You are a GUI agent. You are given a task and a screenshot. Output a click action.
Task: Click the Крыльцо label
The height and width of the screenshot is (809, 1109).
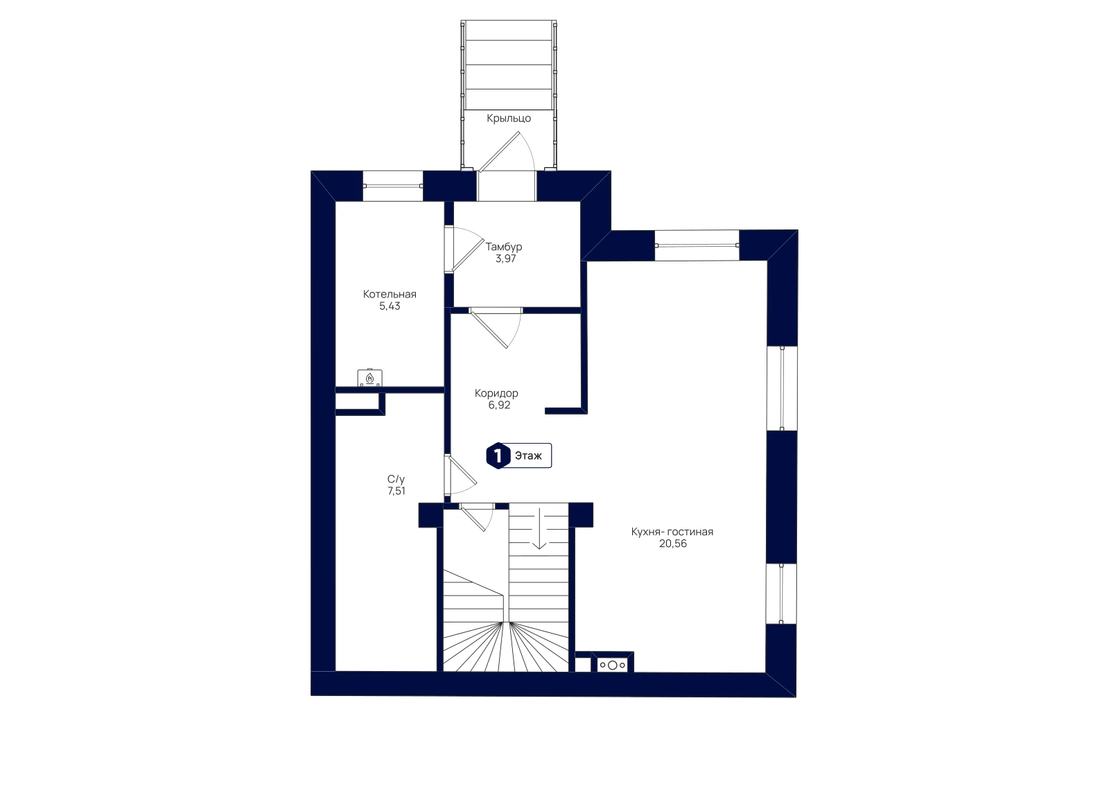[509, 119]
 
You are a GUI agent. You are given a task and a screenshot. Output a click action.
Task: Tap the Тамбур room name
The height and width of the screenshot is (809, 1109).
[503, 247]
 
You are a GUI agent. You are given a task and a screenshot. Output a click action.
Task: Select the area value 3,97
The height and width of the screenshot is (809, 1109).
[505, 259]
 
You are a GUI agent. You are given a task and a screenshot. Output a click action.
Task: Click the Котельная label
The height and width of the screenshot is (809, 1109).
[390, 294]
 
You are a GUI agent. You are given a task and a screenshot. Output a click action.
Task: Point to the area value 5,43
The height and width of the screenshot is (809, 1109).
[390, 306]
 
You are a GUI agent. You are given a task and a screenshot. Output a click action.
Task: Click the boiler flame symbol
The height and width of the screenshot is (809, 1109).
[370, 379]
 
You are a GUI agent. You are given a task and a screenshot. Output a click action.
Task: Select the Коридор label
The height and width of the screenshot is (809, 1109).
[496, 394]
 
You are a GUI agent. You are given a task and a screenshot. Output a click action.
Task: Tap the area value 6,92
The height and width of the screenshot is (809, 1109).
[499, 405]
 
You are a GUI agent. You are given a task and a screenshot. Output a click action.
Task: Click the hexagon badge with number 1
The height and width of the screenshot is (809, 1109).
[498, 455]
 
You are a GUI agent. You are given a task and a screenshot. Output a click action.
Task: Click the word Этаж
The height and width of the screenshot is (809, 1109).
[528, 455]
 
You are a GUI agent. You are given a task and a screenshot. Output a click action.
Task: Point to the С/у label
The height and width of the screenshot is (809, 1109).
[396, 479]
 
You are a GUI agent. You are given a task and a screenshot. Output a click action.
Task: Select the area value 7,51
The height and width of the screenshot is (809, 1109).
[396, 491]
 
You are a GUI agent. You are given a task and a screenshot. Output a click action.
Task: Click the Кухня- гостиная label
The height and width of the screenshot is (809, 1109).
[672, 532]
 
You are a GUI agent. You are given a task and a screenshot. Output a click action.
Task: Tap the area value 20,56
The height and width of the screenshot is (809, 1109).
[673, 543]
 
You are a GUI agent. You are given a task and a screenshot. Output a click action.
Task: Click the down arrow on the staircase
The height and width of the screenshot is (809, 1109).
[539, 528]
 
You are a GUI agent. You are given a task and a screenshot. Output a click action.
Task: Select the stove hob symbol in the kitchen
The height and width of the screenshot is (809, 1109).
[613, 666]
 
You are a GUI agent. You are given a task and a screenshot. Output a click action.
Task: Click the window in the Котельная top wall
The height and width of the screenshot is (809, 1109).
[393, 186]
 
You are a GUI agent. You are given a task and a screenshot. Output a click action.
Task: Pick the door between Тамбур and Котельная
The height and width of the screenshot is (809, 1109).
[463, 249]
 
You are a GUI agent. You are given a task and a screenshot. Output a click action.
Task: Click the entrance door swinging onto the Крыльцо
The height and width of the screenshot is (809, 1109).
[506, 153]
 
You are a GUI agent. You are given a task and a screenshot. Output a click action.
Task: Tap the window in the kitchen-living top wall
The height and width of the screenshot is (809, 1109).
[697, 245]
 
